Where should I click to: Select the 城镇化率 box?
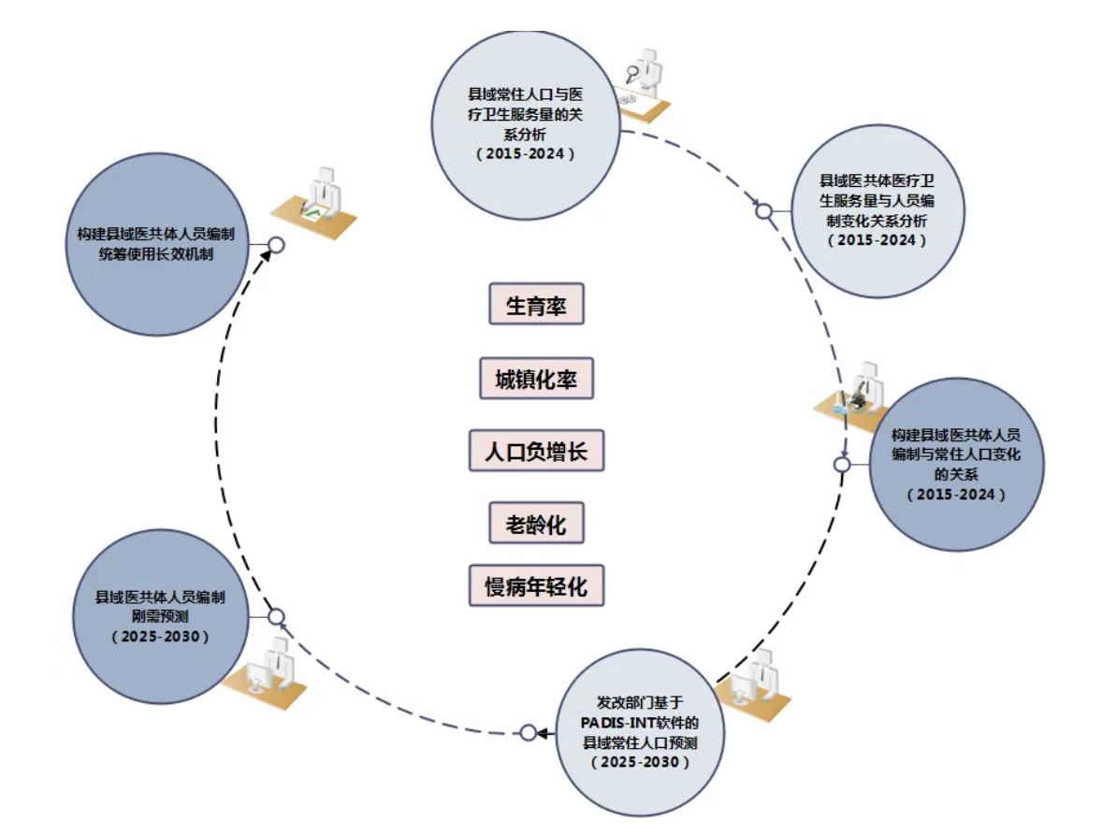coord(536,379)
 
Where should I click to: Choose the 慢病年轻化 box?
coord(536,587)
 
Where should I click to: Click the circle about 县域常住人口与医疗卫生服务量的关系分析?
coord(524,124)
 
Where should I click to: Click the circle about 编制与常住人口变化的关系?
coord(956,464)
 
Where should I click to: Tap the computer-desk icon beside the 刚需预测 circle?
coord(268,668)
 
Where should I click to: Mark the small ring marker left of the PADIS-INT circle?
coord(529,732)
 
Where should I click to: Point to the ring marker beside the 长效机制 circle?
coord(275,245)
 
